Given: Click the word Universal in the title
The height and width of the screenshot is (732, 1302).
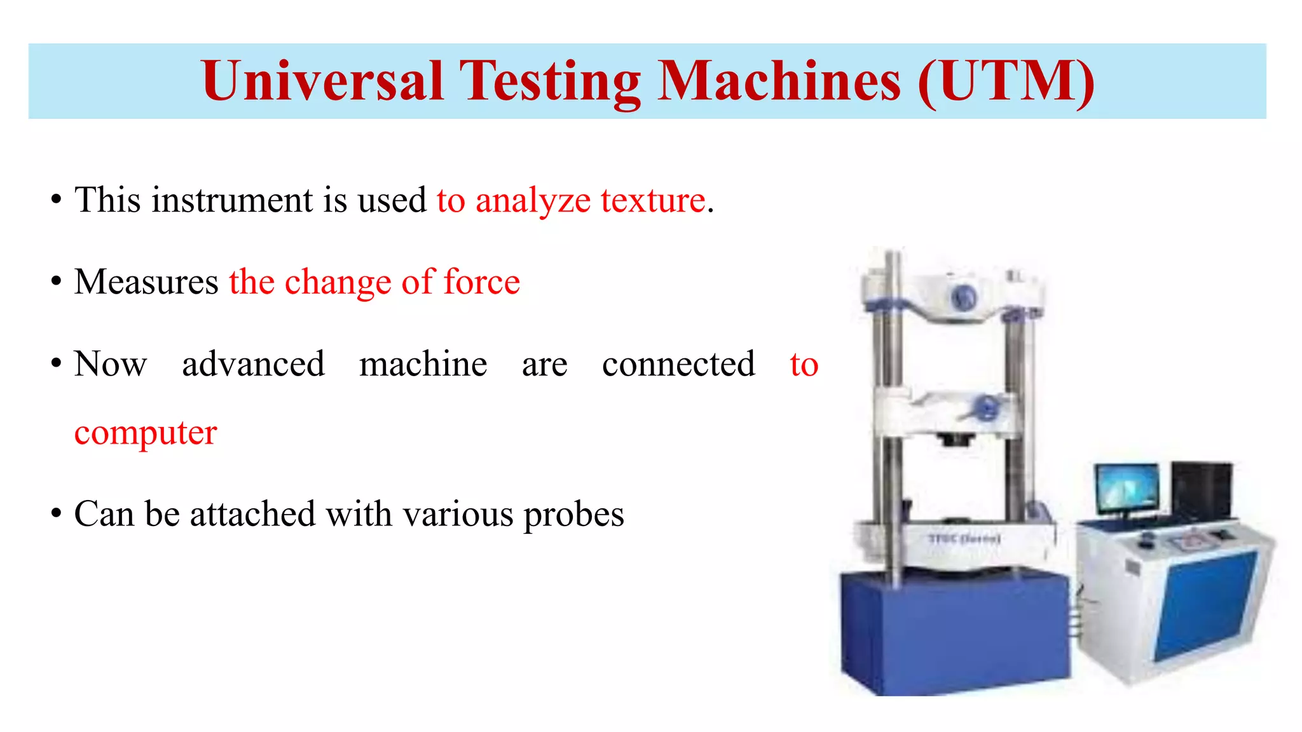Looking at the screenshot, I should (322, 81).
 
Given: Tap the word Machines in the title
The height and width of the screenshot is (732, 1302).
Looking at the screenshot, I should (778, 81).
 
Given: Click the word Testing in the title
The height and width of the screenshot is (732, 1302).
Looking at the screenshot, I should (550, 81).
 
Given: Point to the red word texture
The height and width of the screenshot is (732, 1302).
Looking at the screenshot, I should (653, 200).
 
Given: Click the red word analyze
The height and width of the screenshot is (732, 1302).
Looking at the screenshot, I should (533, 201).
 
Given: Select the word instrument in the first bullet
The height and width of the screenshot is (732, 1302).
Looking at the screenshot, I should (232, 200).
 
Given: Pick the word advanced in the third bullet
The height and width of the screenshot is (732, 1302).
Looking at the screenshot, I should (253, 364).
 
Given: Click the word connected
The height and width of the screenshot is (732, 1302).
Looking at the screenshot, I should (678, 364).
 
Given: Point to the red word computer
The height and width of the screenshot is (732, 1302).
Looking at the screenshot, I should (146, 434).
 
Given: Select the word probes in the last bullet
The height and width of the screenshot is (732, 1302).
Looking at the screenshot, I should (573, 515).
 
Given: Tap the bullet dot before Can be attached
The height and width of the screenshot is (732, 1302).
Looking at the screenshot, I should (56, 513).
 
